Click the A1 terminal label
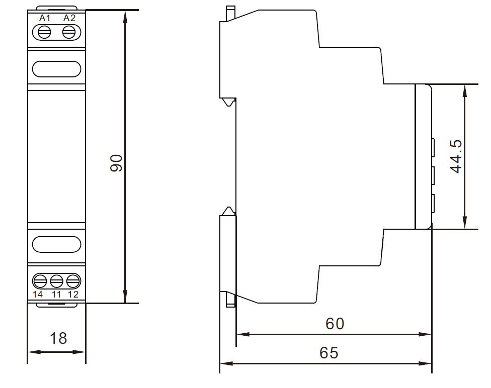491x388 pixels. tap(44, 18)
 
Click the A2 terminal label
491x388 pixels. tap(69, 18)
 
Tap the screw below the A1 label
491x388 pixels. tap(44, 32)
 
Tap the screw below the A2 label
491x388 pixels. tap(69, 32)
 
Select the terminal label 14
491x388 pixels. tap(38, 295)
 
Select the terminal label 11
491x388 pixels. tap(56, 295)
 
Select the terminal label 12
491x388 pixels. tap(73, 295)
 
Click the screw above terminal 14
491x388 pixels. tap(40, 281)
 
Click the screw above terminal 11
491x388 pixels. tap(57, 281)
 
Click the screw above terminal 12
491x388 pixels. tap(73, 281)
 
